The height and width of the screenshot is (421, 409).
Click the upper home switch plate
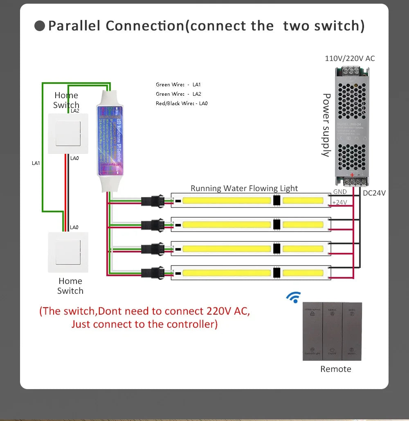coord(66,133)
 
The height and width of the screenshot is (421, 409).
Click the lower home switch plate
coord(68,252)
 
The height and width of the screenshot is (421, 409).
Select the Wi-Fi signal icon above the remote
coord(294,297)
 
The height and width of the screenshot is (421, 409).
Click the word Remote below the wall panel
coord(335,369)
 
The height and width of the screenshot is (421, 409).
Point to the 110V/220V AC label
coord(350,59)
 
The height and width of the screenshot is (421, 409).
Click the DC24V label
coord(374,193)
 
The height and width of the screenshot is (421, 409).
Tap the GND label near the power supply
coord(340,191)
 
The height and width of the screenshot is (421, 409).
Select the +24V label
coord(339,202)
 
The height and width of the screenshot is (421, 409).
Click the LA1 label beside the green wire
coord(36,163)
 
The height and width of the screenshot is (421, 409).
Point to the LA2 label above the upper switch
coord(75,111)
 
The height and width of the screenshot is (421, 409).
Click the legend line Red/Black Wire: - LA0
coord(182,104)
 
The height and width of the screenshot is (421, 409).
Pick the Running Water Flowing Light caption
coord(244,189)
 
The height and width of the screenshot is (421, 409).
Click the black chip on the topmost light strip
coord(276,201)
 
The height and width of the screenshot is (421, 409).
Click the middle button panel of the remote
coord(332,331)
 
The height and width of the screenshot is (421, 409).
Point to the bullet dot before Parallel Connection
coord(40,26)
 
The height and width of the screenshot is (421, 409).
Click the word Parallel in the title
coord(74,26)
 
